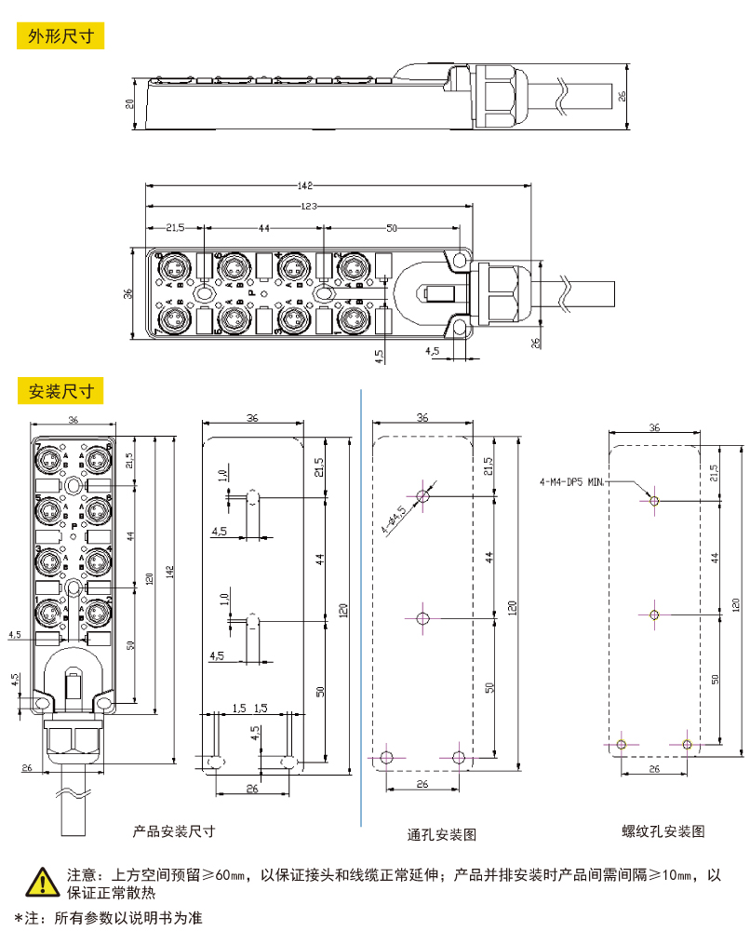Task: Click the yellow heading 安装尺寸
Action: pos(60,390)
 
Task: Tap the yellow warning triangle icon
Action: pos(41,880)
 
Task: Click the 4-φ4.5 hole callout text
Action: pos(394,517)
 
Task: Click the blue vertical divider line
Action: pos(360,605)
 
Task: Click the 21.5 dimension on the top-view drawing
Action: pos(174,227)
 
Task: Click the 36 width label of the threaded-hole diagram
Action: pos(654,427)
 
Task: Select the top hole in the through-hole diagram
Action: pos(423,495)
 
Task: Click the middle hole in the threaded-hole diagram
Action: pos(654,615)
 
